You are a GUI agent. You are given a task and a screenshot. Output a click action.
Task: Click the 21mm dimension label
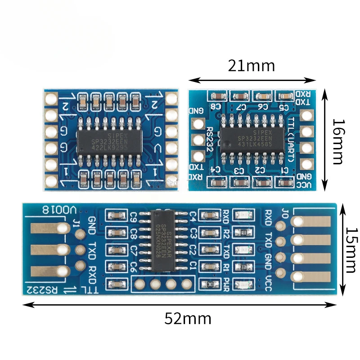[x=251, y=66]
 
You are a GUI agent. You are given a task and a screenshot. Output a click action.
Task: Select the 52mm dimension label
[x=188, y=319]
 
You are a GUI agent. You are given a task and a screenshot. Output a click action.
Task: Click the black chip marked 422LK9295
[x=108, y=142]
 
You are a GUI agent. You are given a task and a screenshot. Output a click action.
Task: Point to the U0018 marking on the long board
[x=58, y=210]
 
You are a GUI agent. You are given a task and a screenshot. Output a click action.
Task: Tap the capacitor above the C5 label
[x=285, y=95]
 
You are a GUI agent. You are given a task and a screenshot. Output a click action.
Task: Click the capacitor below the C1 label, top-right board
[x=284, y=182]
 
